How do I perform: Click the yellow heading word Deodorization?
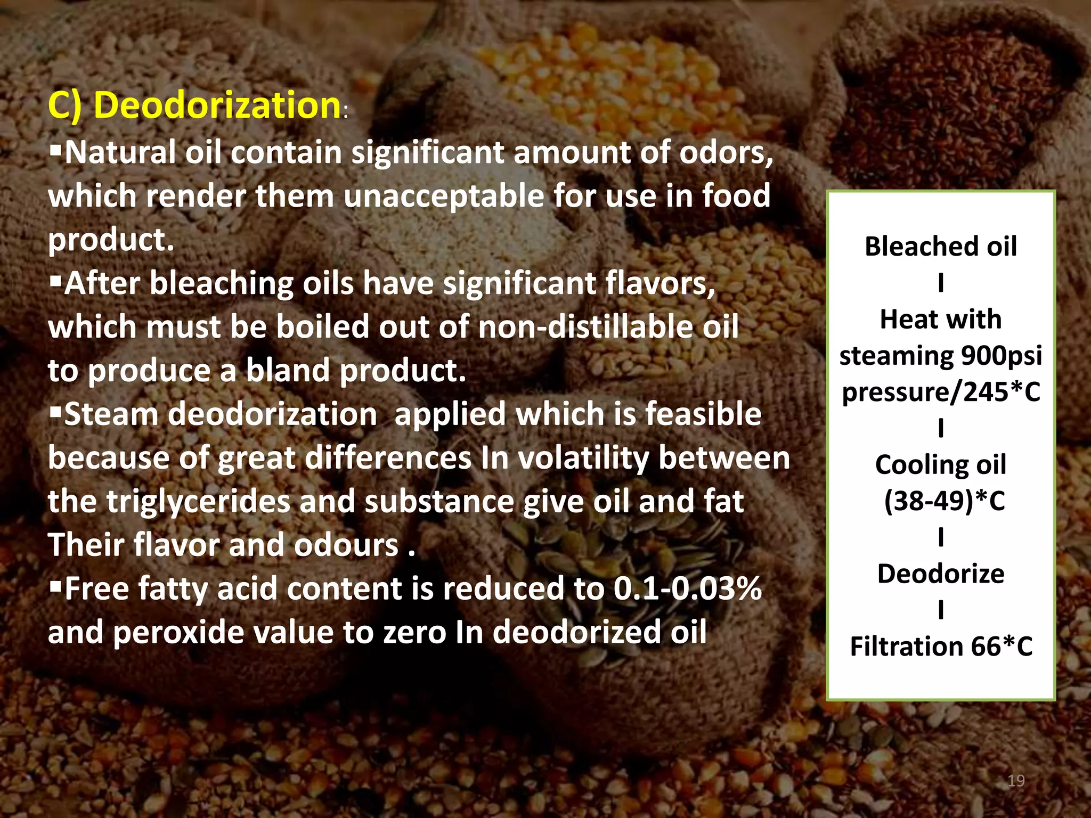coord(217,105)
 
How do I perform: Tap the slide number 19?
coord(1016,781)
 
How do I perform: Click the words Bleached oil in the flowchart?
coord(941,247)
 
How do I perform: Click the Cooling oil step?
coord(941,465)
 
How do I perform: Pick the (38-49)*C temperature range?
coord(945,501)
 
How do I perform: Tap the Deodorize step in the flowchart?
coord(941,574)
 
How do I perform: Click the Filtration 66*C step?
coord(941,647)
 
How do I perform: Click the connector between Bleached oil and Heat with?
coord(941,283)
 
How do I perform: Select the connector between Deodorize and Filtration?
coord(941,610)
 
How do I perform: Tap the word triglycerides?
coord(198,502)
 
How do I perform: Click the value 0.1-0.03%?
coord(688,589)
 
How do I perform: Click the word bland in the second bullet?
coord(288,371)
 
